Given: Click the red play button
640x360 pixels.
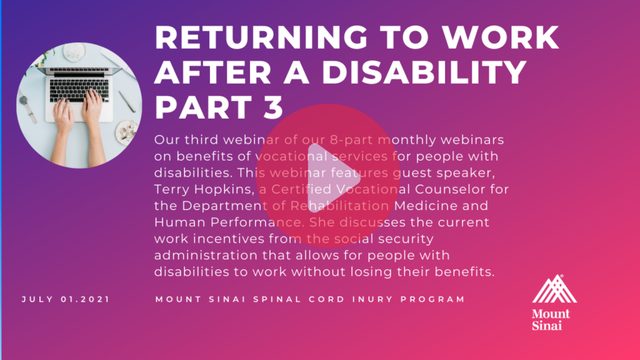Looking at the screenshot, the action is [x=327, y=176].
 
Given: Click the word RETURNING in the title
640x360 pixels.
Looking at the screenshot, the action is [x=261, y=37].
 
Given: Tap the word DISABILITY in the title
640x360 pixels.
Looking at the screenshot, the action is [x=424, y=72].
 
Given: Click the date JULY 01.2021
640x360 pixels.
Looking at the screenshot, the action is [x=66, y=299].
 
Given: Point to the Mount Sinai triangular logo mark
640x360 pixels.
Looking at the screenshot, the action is [x=554, y=289].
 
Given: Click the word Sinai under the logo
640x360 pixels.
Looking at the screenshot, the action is [x=547, y=325].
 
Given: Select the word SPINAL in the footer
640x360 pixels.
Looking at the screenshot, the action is [x=277, y=299].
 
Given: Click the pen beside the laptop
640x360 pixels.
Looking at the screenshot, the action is [x=127, y=101].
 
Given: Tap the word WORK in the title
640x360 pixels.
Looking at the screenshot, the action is [x=501, y=37].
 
